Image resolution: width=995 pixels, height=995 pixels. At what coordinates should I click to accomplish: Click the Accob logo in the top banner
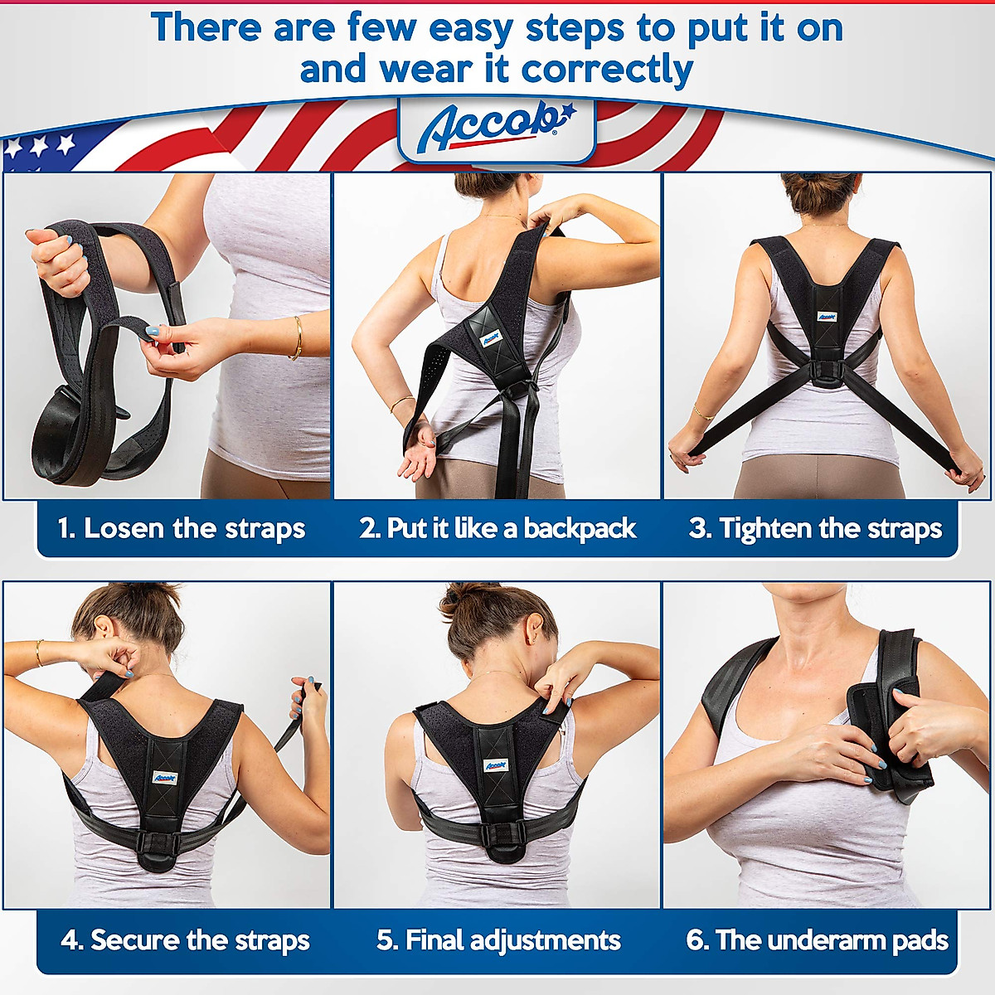[x=496, y=127]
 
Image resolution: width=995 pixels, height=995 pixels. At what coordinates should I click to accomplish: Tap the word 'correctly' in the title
[x=607, y=70]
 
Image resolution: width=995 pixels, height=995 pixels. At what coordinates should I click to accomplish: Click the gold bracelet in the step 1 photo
[x=296, y=337]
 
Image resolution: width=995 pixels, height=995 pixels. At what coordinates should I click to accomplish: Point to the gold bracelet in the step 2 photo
[x=401, y=402]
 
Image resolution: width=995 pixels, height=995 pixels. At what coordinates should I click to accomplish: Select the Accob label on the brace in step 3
[x=827, y=316]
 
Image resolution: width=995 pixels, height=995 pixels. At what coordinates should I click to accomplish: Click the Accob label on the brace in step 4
[x=165, y=779]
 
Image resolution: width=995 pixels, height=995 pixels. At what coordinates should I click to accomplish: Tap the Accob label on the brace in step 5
[x=495, y=764]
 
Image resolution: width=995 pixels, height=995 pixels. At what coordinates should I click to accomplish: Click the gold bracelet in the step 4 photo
[x=38, y=653]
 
